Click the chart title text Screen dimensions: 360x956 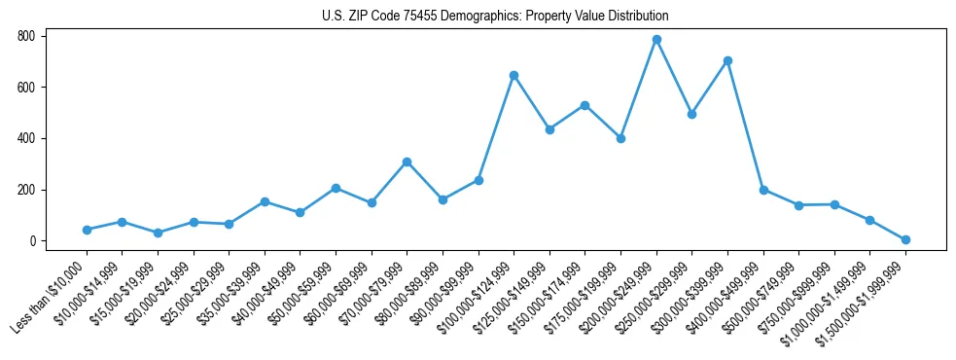[495, 16]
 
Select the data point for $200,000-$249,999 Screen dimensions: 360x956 [656, 40]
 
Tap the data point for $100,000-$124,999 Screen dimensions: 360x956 [513, 75]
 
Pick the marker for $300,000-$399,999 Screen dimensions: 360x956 [727, 60]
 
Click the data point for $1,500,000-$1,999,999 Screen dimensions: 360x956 [905, 239]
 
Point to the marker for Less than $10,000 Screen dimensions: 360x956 [87, 230]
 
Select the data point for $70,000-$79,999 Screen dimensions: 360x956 [407, 162]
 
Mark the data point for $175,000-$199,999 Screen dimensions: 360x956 [620, 138]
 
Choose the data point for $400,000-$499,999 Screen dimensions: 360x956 [763, 190]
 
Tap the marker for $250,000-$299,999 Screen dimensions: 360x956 [691, 114]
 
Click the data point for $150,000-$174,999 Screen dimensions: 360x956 [584, 105]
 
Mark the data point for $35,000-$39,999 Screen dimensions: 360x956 [265, 201]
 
